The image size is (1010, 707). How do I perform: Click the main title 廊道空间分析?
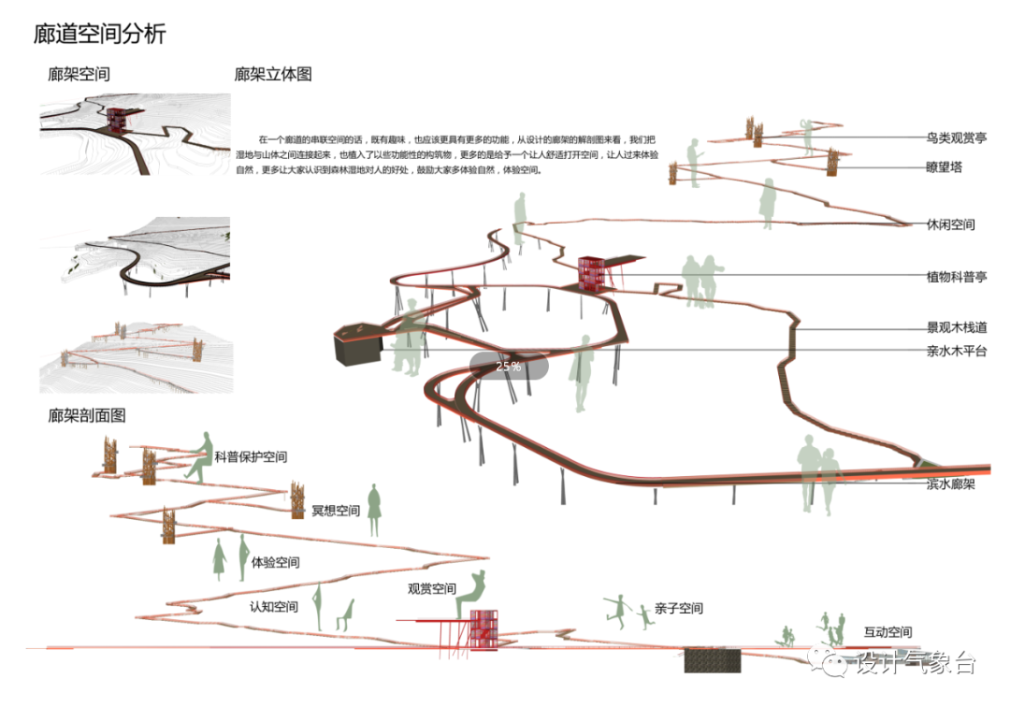click(99, 35)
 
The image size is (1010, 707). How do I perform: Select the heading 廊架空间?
click(79, 74)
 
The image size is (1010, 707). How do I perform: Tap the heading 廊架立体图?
click(273, 74)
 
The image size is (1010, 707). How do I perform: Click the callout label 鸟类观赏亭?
click(956, 138)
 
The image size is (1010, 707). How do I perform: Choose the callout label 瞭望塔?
click(944, 168)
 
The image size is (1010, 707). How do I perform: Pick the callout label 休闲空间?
click(950, 224)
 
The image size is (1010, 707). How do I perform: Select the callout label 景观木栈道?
click(956, 327)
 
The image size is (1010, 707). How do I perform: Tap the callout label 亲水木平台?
click(956, 351)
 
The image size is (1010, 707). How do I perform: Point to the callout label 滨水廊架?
click(950, 483)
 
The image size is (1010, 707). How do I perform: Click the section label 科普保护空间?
click(251, 457)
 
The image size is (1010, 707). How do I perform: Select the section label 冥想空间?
click(336, 511)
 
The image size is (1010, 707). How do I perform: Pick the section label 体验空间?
click(275, 562)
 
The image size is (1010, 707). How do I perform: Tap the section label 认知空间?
click(274, 607)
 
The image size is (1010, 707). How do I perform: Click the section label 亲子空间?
click(678, 608)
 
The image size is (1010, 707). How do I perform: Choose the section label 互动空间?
click(887, 632)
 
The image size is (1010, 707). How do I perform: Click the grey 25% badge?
click(509, 367)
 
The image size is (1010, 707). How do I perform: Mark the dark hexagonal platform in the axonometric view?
click(357, 344)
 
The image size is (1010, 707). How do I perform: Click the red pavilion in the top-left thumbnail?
click(118, 119)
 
